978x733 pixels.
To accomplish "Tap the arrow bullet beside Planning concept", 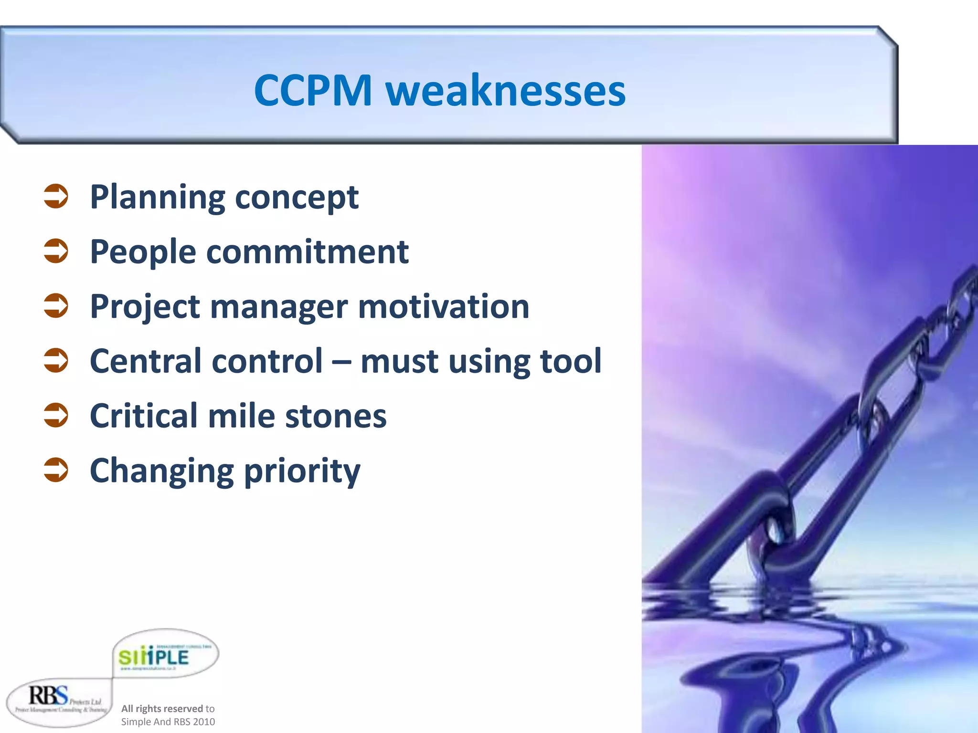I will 56,197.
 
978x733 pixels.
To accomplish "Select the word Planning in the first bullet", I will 157,198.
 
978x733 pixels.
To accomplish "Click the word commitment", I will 307,251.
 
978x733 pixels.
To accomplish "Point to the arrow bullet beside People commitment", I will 56,251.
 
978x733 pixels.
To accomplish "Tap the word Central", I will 147,361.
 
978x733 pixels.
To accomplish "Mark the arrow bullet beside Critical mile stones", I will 56,415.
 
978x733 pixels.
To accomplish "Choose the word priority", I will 302,471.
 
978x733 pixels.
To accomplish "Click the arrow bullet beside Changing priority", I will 56,470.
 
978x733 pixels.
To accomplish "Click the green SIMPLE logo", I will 154,658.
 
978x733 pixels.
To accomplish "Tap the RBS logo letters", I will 48,696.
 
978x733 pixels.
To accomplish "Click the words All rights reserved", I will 162,709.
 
